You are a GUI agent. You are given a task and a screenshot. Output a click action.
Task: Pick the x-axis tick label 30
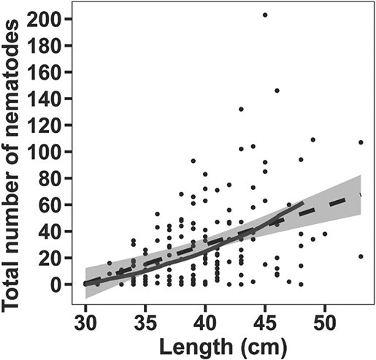(85, 321)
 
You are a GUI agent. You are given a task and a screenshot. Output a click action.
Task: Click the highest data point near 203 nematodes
(265, 15)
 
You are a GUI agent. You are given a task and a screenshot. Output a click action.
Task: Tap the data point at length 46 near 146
(277, 91)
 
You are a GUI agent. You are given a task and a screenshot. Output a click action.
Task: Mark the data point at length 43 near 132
(241, 110)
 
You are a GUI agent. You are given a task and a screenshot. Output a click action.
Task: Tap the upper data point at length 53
(361, 142)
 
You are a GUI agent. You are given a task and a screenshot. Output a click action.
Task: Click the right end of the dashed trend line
(361, 195)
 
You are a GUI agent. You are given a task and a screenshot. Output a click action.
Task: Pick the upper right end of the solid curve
(302, 204)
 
